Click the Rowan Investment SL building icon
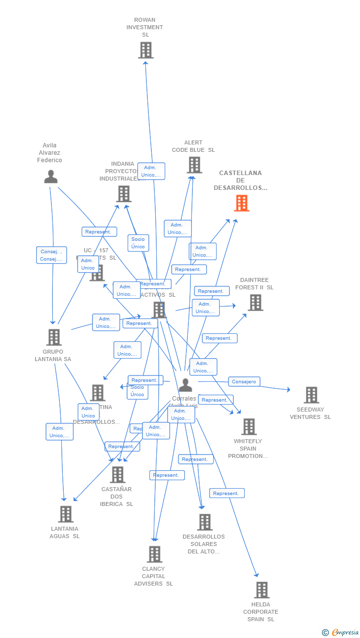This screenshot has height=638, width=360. point(145,50)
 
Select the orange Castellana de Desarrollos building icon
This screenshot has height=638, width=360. point(242,203)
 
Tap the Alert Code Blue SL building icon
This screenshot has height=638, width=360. point(194,165)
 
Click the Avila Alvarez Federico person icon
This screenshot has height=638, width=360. point(50,177)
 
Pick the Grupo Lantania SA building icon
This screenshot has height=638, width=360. point(54,337)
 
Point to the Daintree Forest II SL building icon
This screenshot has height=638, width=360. point(255,303)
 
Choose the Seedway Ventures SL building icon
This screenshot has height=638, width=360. point(312,395)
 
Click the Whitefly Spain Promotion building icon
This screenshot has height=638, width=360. point(249,427)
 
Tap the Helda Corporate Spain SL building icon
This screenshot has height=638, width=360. point(262,590)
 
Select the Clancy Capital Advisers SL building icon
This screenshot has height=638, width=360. point(154,554)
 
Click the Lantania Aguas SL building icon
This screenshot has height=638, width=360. point(66,514)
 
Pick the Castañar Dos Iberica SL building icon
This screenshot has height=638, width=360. point(118,475)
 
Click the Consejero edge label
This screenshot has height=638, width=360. point(244,382)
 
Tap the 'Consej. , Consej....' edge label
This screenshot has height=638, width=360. point(51,255)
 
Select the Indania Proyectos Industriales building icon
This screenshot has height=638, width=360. point(124,194)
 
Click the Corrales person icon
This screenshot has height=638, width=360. point(185,385)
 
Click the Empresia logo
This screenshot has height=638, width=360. point(341,632)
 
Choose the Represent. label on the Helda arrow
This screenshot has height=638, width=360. point(227,493)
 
